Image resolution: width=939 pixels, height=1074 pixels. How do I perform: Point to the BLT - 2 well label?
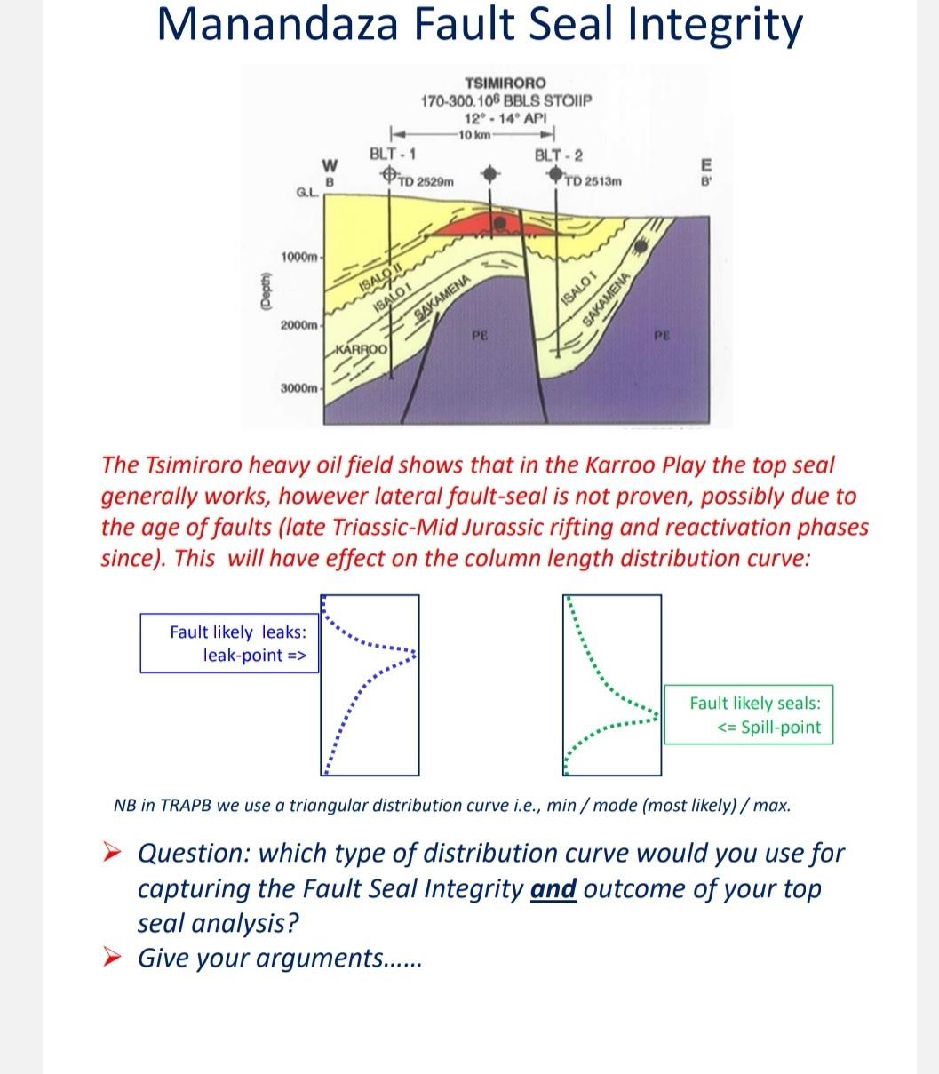pos(559,155)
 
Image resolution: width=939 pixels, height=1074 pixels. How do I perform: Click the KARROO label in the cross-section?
pos(363,350)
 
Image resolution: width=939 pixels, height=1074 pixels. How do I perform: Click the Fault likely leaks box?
pos(229,644)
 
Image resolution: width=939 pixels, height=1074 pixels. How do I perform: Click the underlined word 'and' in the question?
pos(553,888)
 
